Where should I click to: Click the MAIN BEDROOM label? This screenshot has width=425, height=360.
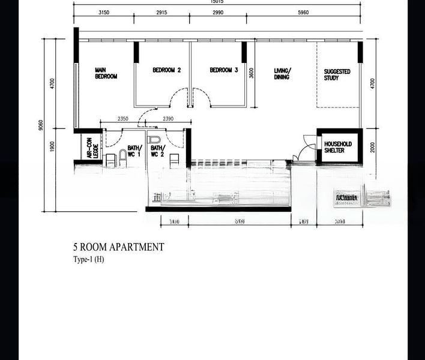click(106, 73)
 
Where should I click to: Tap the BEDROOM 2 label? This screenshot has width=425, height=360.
click(166, 70)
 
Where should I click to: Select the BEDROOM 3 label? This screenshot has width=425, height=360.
click(224, 70)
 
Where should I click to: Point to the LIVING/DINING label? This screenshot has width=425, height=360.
click(282, 74)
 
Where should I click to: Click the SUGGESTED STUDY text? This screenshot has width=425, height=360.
click(337, 74)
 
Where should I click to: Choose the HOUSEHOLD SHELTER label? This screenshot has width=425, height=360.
click(338, 147)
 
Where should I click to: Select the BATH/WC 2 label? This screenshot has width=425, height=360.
click(157, 151)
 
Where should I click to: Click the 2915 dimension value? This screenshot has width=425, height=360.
click(162, 12)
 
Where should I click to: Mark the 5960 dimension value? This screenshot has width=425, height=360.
click(304, 12)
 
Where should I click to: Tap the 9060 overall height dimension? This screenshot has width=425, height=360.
click(40, 124)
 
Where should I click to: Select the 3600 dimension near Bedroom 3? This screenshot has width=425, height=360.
click(252, 72)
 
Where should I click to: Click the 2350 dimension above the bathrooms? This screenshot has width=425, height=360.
click(123, 119)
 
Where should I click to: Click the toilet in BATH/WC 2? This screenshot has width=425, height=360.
click(173, 160)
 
